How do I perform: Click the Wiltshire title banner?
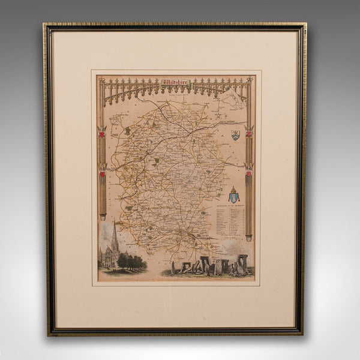pos(176,82)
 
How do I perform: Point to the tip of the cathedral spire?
pos(114,220)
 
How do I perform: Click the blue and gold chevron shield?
pos(235,135)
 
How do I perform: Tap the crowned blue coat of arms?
pos(233,196)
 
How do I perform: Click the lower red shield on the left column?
pos(103,175)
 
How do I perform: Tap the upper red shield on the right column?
pos(248,133)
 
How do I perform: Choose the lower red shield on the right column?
pos(248,175)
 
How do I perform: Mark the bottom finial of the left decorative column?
pos(103,217)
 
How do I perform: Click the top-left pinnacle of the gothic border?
pos(101,80)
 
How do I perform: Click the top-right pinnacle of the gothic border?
pos(250,80)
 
